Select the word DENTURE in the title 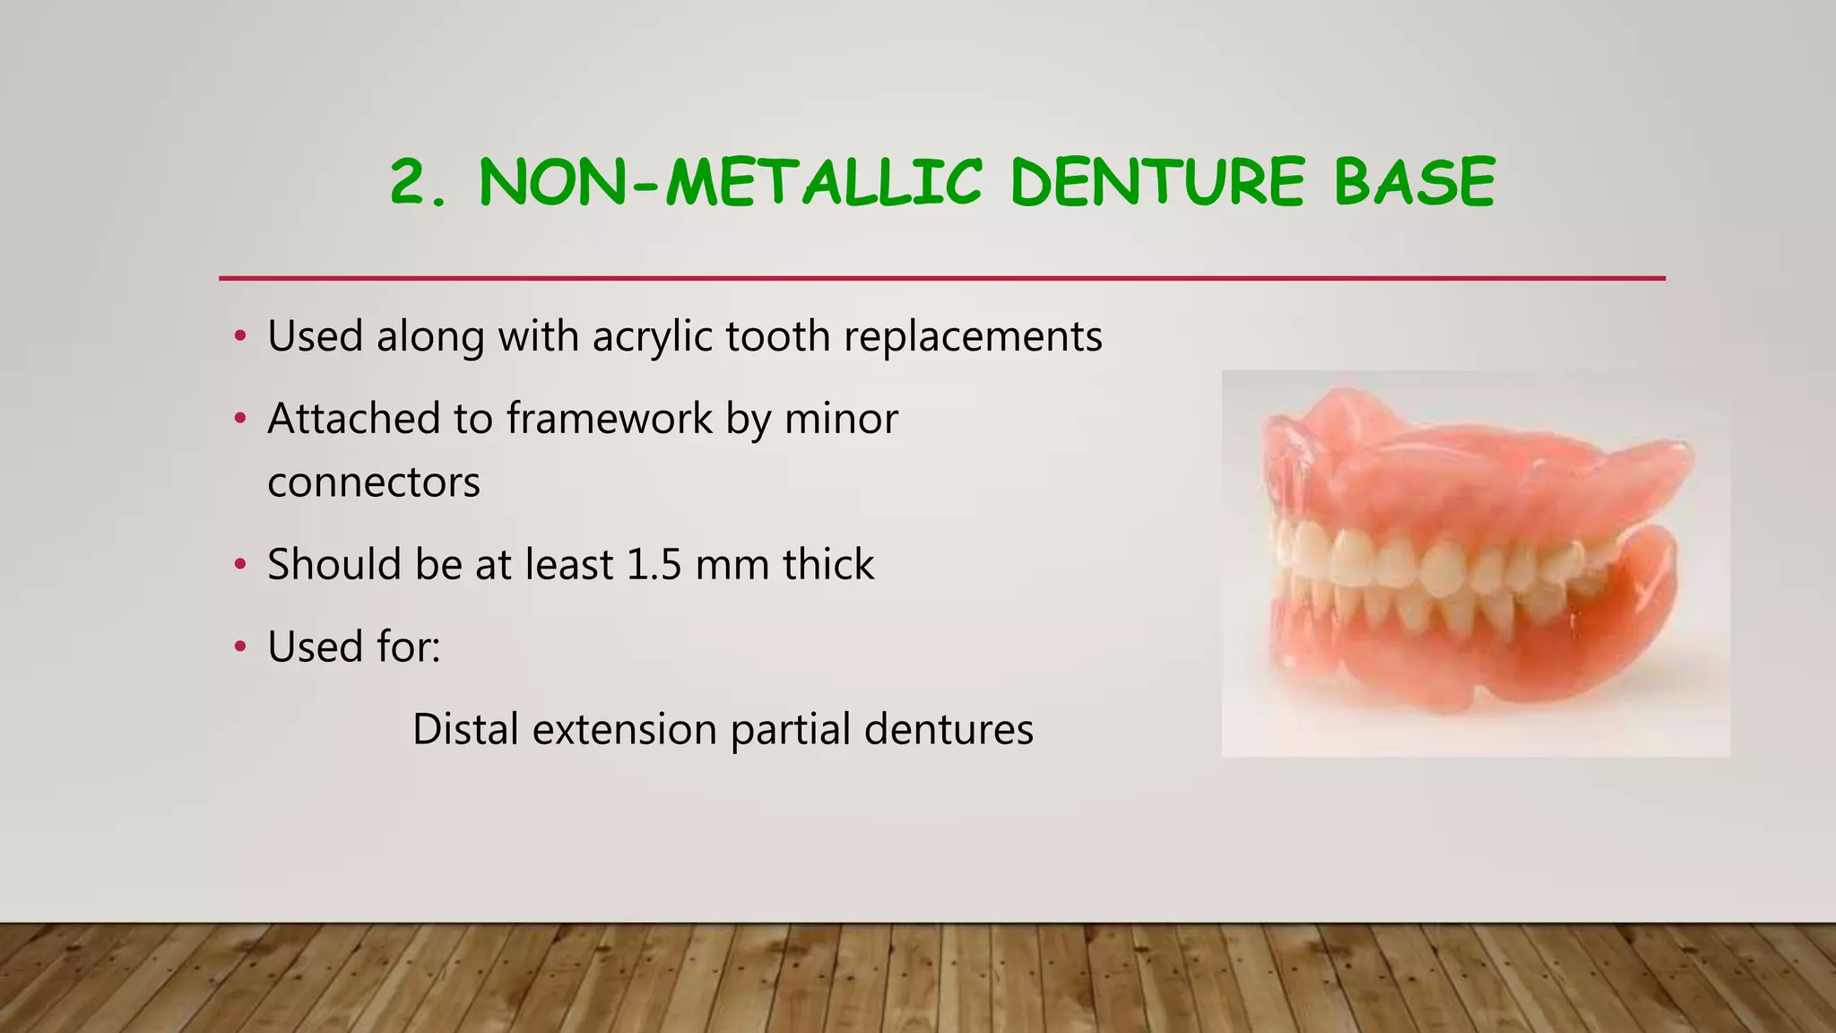[x=1157, y=182]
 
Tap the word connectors [x=374, y=482]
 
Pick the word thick [x=828, y=565]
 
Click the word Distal [x=465, y=729]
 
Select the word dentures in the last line [x=948, y=729]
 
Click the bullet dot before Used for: [x=239, y=647]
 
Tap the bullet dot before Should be [x=239, y=565]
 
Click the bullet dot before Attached [x=239, y=419]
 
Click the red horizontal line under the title [x=941, y=278]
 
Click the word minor [x=841, y=419]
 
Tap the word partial [x=790, y=729]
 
